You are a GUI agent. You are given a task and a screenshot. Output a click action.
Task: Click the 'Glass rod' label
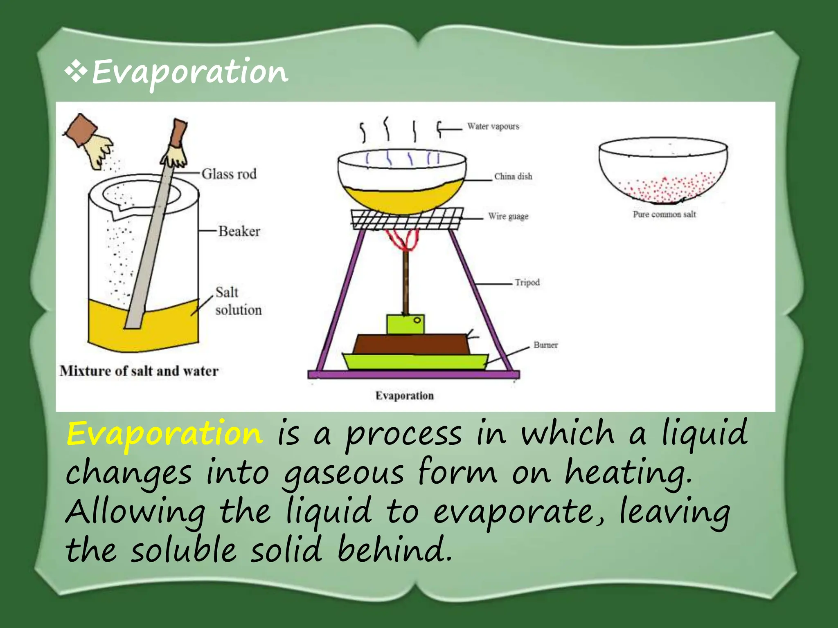click(229, 174)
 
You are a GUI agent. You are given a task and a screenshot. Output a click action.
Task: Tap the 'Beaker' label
click(239, 231)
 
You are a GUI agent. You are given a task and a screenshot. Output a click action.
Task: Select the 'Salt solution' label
click(238, 301)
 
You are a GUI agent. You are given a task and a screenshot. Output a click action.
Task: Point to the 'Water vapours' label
click(493, 126)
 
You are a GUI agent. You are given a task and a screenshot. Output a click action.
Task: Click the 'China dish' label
click(513, 177)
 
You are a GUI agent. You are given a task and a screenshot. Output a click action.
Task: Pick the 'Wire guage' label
click(508, 216)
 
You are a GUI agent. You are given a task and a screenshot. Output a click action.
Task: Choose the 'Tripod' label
click(527, 283)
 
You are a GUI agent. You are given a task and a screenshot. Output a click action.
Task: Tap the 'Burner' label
click(545, 345)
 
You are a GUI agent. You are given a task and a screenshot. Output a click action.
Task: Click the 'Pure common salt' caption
click(664, 214)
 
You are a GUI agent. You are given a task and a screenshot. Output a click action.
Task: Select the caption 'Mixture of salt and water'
click(139, 371)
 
